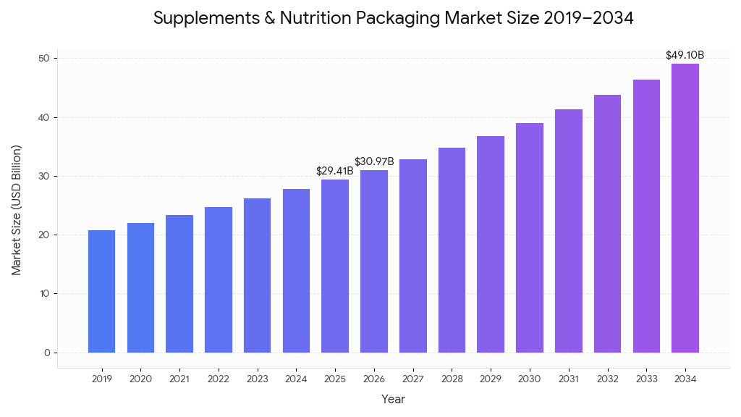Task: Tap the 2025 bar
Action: pyautogui.click(x=335, y=266)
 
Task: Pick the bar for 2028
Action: pyautogui.click(x=452, y=250)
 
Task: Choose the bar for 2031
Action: pyautogui.click(x=568, y=231)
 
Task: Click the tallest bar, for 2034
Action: pyautogui.click(x=685, y=208)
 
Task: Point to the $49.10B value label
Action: pyautogui.click(x=685, y=55)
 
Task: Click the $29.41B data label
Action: pyautogui.click(x=335, y=171)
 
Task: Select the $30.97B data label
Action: pyautogui.click(x=374, y=161)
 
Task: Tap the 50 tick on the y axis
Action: pyautogui.click(x=46, y=59)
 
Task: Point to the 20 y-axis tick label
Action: pyautogui.click(x=46, y=235)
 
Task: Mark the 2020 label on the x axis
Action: pyautogui.click(x=140, y=379)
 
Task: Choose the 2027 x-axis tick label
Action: pyautogui.click(x=412, y=379)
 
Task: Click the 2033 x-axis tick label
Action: pyautogui.click(x=645, y=379)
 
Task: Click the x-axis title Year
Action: pyautogui.click(x=393, y=399)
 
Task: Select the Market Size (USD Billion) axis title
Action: pyautogui.click(x=17, y=210)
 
